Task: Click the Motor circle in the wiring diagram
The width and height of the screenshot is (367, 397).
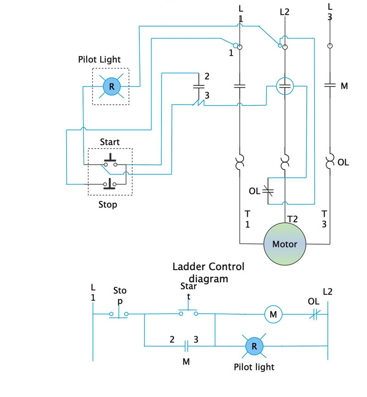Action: [284, 244]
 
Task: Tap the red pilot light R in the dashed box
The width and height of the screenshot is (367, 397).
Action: [111, 86]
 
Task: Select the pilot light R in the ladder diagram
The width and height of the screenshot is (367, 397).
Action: [253, 346]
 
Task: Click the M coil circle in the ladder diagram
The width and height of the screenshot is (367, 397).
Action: [273, 314]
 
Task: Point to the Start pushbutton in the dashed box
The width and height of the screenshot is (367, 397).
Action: [110, 161]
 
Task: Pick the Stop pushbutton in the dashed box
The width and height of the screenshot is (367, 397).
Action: [110, 184]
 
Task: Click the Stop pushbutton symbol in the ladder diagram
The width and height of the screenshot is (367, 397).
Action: [119, 314]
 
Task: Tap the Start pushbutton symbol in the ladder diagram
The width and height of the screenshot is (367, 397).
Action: [189, 312]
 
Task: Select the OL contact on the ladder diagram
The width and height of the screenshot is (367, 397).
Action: [314, 314]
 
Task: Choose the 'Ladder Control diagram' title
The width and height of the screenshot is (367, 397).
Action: [208, 272]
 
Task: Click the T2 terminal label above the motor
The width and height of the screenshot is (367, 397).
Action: [292, 219]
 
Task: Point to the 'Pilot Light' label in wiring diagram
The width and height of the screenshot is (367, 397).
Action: [100, 60]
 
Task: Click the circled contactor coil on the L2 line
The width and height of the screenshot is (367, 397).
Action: [285, 85]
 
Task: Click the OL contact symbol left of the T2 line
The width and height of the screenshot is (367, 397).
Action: [268, 190]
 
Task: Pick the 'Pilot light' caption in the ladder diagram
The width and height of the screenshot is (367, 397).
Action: [254, 367]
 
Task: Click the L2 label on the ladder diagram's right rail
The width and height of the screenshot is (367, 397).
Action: [328, 291]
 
